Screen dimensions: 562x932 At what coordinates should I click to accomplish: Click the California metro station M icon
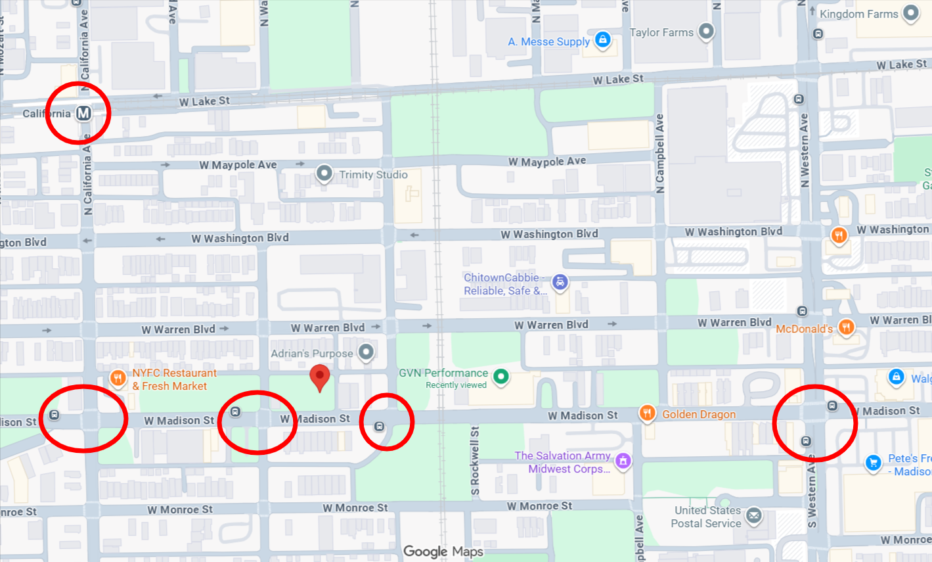[83, 113]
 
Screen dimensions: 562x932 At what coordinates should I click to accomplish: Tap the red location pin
[319, 378]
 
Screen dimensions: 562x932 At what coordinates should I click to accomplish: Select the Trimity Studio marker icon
[324, 174]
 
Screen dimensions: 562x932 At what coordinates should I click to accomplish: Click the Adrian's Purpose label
[312, 354]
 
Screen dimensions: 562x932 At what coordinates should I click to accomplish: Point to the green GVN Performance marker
[501, 376]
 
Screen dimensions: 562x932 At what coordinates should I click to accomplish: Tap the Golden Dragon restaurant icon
[648, 413]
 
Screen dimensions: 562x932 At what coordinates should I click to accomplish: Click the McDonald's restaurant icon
[846, 327]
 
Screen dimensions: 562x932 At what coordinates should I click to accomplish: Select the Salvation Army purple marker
[623, 461]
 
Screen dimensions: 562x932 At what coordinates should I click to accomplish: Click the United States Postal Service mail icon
[754, 516]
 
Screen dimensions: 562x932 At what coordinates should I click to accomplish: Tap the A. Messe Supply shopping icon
[602, 40]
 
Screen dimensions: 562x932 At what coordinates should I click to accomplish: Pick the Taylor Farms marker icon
[706, 31]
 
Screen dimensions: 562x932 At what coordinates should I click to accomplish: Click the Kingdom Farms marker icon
[910, 12]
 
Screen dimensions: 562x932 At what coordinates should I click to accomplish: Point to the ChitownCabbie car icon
[560, 283]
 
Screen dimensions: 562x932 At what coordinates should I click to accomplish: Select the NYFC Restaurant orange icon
[118, 377]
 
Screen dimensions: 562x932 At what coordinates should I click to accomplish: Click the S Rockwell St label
[475, 460]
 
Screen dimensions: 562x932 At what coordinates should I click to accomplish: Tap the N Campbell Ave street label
[660, 154]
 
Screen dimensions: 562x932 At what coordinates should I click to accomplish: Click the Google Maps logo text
[443, 551]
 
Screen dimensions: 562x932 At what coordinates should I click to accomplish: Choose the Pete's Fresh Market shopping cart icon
[873, 463]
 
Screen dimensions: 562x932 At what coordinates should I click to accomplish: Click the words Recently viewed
[456, 385]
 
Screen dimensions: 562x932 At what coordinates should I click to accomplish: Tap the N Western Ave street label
[805, 151]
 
